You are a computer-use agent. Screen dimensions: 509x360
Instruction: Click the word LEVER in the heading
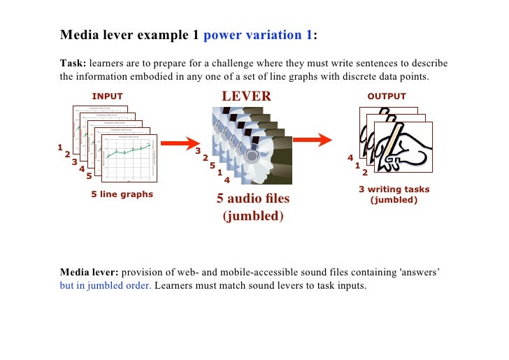click(x=245, y=96)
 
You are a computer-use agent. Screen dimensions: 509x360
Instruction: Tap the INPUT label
click(x=107, y=96)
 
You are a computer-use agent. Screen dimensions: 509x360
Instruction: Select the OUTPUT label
click(x=386, y=96)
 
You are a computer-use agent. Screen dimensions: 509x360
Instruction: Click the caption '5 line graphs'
click(x=122, y=194)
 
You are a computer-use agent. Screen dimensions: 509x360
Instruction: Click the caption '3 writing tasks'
click(x=394, y=189)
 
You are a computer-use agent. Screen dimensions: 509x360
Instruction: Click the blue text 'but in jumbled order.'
click(x=105, y=285)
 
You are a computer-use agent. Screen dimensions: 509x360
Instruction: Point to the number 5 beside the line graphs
click(x=89, y=175)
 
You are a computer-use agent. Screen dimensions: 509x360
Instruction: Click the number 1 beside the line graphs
click(x=59, y=147)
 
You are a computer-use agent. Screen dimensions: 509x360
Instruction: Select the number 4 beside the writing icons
click(x=350, y=158)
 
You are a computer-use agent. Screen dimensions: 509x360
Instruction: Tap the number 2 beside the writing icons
click(x=364, y=172)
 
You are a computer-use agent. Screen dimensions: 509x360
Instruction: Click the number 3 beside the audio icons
click(x=198, y=151)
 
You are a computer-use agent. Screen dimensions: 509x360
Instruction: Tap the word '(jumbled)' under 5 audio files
click(x=253, y=216)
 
